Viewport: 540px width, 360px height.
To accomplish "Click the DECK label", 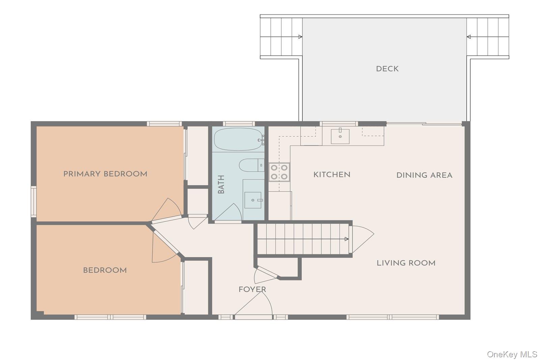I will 387,69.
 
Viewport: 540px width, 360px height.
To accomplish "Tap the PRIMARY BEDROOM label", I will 105,174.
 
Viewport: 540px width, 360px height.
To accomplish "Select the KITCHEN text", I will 332,175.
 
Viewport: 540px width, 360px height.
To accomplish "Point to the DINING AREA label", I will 424,175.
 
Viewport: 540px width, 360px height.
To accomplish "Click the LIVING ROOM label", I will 406,263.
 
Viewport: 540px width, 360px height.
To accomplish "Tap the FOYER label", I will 252,289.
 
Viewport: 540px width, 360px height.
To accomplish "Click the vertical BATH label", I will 221,184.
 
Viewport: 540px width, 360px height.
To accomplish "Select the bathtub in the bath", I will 238,139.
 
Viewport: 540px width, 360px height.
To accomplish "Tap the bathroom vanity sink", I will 253,200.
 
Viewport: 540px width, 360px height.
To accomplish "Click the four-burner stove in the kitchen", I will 279,172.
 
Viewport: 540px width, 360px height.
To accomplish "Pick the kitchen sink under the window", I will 340,136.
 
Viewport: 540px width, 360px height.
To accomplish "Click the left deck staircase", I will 281,37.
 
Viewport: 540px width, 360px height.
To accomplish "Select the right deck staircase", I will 487,37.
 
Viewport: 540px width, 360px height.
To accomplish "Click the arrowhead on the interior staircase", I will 347,239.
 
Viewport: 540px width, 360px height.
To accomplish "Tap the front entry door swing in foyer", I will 256,304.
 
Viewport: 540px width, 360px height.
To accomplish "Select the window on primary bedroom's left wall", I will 34,201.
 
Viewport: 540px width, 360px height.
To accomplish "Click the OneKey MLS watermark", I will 512,354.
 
